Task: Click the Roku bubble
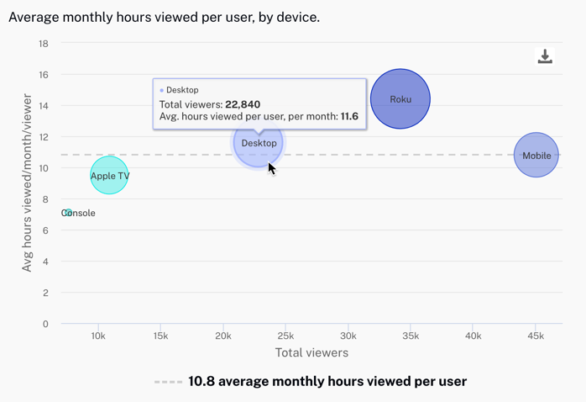(x=400, y=99)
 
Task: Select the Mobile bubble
(x=536, y=156)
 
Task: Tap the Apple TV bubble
(x=109, y=176)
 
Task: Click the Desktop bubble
(x=259, y=143)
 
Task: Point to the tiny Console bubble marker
(x=68, y=213)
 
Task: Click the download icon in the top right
(x=545, y=56)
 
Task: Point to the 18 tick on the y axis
(x=43, y=44)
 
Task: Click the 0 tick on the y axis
(x=45, y=324)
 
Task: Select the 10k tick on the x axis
(x=98, y=336)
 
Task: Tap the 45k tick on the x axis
(x=536, y=336)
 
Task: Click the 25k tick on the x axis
(x=285, y=336)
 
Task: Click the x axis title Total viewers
(x=311, y=353)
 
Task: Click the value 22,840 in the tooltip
(x=243, y=104)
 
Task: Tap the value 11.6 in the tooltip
(x=349, y=117)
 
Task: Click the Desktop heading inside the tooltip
(x=182, y=90)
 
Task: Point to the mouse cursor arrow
(x=272, y=168)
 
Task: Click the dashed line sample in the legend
(x=168, y=382)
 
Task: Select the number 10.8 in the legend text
(x=203, y=382)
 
